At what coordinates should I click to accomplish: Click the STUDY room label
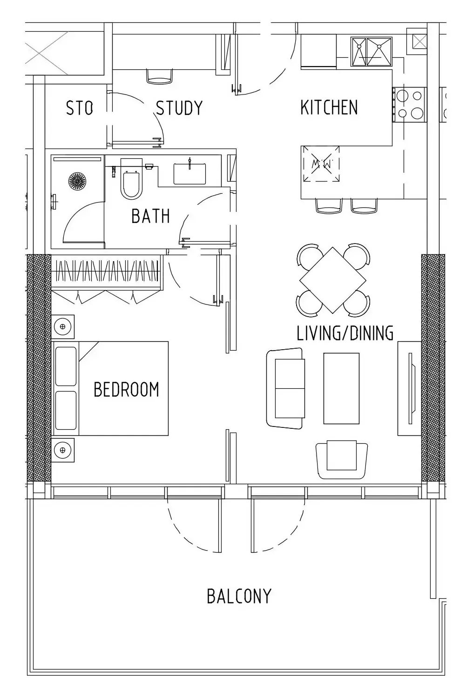pos(179,108)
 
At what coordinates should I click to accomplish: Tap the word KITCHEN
pos(329,108)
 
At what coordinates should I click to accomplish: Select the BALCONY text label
pos(239,596)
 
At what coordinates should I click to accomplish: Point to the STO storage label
pos(79,108)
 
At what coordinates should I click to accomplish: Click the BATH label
pos(150,216)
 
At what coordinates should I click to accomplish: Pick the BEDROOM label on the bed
pos(126,389)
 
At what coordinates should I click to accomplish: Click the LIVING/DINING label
pos(345,333)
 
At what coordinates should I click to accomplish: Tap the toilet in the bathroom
pos(131,179)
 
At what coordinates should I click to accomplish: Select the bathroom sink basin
pos(189,173)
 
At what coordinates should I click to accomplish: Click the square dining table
pos(332,280)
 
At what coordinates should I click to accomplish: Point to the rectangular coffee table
pos(341,388)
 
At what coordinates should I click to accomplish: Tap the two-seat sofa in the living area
pos(285,388)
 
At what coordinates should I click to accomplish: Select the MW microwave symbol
pos(320,164)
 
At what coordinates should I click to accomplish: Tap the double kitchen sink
pos(371,52)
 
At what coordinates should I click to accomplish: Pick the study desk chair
pos(159,76)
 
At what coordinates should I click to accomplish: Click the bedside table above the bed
pos(62,326)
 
